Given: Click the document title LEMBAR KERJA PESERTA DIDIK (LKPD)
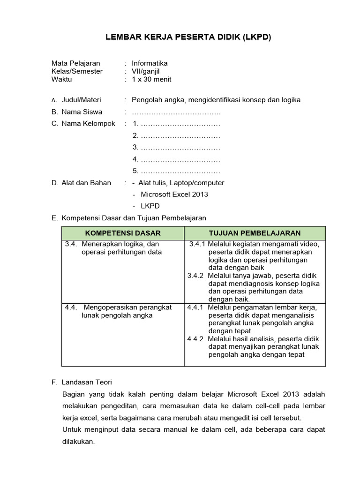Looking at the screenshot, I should pyautogui.click(x=187, y=37).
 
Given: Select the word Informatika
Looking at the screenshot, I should pyautogui.click(x=150, y=63).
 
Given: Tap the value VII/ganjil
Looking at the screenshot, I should pyautogui.click(x=146, y=71).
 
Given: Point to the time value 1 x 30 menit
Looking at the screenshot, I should pyautogui.click(x=151, y=79).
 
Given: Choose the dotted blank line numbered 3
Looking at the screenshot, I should pyautogui.click(x=177, y=148).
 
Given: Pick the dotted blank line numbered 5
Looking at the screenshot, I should pyautogui.click(x=177, y=171).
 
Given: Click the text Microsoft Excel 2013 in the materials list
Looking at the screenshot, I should pyautogui.click(x=171, y=194).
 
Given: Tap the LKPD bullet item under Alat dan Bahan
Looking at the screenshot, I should pyautogui.click(x=150, y=206).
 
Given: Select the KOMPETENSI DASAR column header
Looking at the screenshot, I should pyautogui.click(x=123, y=233).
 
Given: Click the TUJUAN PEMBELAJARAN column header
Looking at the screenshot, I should pyautogui.click(x=255, y=233).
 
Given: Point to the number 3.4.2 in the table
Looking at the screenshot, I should pyautogui.click(x=195, y=276).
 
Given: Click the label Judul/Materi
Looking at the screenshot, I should pyautogui.click(x=81, y=100).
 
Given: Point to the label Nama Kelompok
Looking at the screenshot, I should pyautogui.click(x=88, y=124).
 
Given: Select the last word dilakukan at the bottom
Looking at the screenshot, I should pyautogui.click(x=78, y=442).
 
